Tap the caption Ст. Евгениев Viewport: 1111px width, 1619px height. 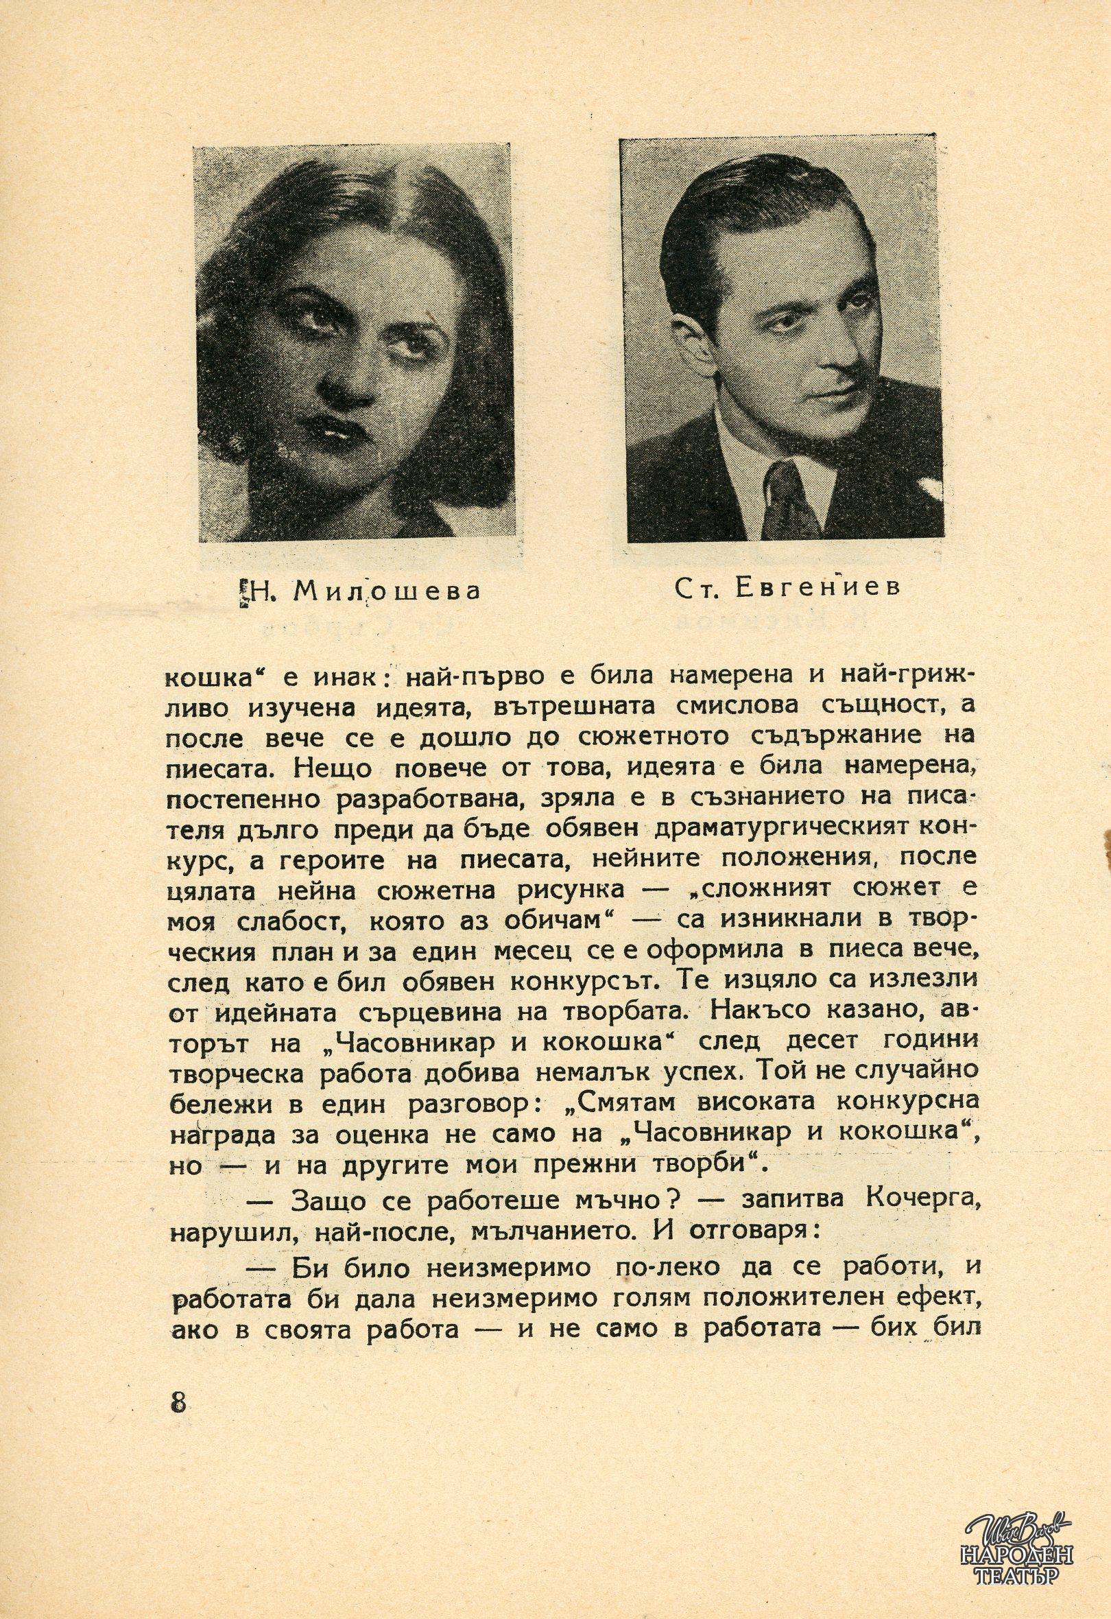coord(787,587)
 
